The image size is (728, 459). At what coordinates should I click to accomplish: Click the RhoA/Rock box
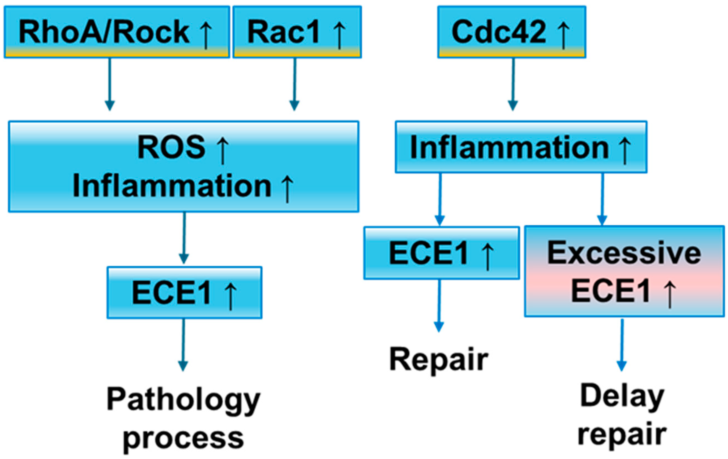pyautogui.click(x=117, y=32)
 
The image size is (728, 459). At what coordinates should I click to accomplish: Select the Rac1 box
pyautogui.click(x=297, y=32)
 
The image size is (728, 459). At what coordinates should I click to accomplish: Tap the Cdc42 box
pyautogui.click(x=512, y=32)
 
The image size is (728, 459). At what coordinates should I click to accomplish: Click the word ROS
pyautogui.click(x=171, y=147)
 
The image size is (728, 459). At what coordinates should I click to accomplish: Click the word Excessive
pyautogui.click(x=624, y=253)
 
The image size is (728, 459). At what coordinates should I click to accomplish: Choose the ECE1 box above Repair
pyautogui.click(x=441, y=253)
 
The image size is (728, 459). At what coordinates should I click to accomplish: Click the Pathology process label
pyautogui.click(x=184, y=419)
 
